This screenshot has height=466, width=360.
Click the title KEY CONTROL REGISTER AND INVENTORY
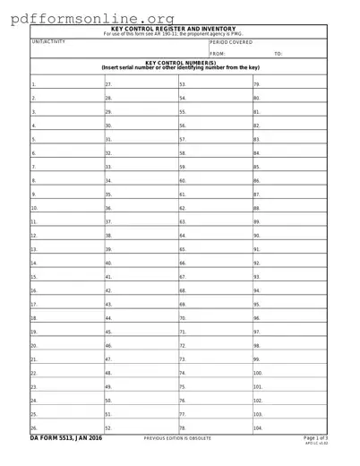pyautogui.click(x=179, y=29)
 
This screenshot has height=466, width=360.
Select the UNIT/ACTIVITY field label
pyautogui.click(x=48, y=41)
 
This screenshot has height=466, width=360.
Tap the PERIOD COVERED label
pyautogui.click(x=230, y=42)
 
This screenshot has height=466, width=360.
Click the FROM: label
pyautogui.click(x=218, y=54)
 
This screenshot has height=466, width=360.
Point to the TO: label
pyautogui.click(x=279, y=54)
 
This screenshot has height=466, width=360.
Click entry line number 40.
pyautogui.click(x=139, y=263)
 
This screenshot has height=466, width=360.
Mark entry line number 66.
pyautogui.click(x=213, y=263)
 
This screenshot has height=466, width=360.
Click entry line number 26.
pyautogui.click(x=63, y=427)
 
